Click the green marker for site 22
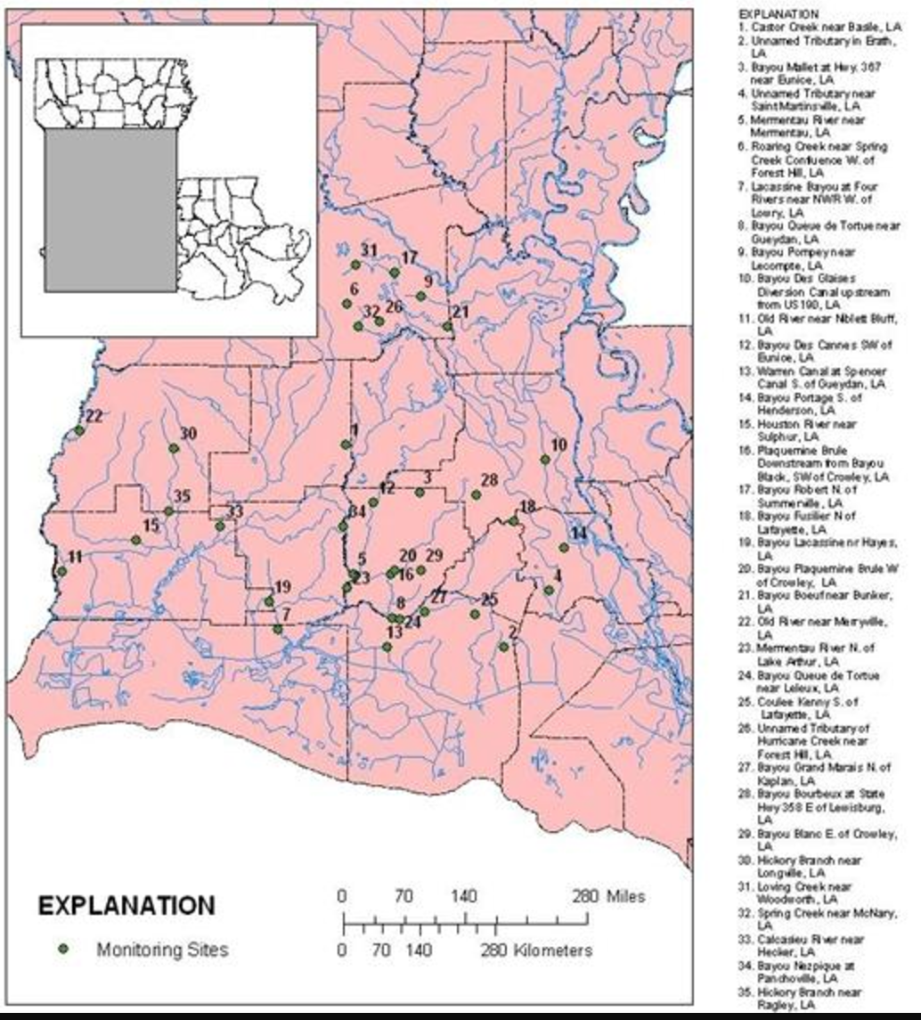coord(79,430)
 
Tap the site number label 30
coord(188,434)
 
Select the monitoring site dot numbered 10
coord(545,460)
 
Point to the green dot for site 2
coord(503,647)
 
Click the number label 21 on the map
coord(460,312)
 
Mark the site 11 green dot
coord(61,571)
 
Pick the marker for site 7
coord(278,629)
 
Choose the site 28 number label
coord(489,480)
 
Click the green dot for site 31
coord(355,265)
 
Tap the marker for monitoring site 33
coord(220,526)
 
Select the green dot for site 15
coord(136,540)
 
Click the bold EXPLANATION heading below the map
coord(126,906)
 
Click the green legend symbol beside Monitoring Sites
coord(63,950)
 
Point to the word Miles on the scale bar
coord(624,896)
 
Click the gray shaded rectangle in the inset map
coord(110,209)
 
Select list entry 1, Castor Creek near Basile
coord(819,28)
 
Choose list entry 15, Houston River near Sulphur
coord(806,430)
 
